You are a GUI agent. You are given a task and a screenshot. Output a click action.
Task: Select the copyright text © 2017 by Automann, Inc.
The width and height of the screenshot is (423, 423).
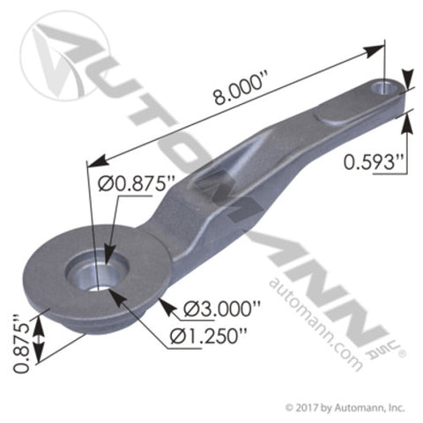tap(345, 407)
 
